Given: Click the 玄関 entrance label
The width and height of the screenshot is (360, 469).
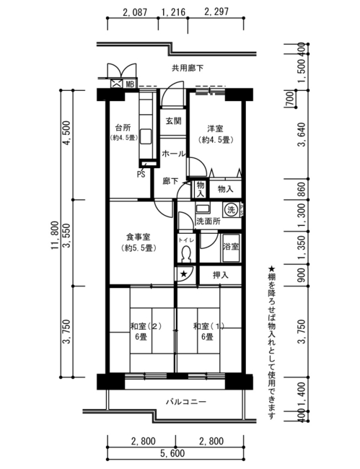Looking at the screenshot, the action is [x=173, y=121].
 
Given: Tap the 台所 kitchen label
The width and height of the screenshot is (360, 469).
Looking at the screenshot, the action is [x=123, y=128].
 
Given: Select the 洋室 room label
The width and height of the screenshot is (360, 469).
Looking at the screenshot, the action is [x=215, y=129].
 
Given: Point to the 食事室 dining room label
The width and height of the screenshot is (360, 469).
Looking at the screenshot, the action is [x=138, y=237].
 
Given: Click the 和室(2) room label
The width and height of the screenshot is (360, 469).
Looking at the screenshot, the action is [x=146, y=326].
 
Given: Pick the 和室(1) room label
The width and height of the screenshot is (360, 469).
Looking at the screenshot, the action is [x=208, y=326].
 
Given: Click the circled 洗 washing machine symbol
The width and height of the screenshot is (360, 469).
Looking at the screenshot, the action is [x=231, y=209].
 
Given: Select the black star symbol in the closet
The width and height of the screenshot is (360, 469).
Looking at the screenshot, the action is [x=184, y=273].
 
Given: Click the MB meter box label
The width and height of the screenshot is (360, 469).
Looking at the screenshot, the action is [x=130, y=84].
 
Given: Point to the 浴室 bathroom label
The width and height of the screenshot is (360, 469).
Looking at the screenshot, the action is [x=231, y=247].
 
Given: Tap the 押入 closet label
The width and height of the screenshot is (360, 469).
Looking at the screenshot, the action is [x=220, y=275].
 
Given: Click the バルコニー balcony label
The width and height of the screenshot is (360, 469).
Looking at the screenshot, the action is [x=186, y=401].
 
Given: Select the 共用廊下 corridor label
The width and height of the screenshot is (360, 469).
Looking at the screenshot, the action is [x=188, y=69].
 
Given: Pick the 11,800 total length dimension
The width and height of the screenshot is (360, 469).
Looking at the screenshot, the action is [x=55, y=235].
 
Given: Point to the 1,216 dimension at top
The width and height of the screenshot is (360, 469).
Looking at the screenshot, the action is [x=173, y=12].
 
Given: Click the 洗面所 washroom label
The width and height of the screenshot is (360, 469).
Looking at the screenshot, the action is [x=208, y=222].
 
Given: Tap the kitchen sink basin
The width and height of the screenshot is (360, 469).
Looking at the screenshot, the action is [x=146, y=136].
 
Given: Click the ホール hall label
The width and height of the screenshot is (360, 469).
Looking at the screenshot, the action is [x=173, y=154].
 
